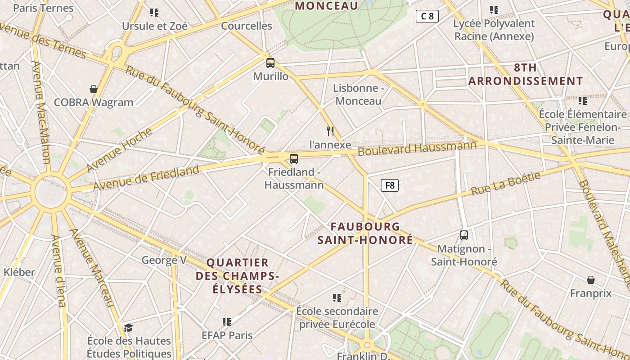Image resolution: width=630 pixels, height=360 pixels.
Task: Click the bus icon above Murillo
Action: (x=270, y=63)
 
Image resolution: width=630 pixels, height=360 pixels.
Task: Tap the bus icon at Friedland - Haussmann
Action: (x=294, y=158)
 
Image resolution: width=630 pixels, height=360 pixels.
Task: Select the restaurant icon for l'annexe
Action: (x=330, y=131)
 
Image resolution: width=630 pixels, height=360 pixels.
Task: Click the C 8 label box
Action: (x=427, y=17)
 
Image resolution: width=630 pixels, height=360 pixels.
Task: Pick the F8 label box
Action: (x=390, y=185)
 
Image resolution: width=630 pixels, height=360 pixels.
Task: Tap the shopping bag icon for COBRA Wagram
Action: (x=94, y=89)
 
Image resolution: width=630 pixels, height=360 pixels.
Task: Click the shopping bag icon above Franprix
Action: (x=591, y=280)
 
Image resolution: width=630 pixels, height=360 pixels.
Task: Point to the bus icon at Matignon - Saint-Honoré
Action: (x=464, y=235)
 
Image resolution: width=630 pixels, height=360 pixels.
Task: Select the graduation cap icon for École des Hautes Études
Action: (x=129, y=327)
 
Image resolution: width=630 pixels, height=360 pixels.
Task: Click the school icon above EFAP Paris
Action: (x=227, y=322)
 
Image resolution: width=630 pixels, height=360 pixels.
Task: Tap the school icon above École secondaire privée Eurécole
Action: (x=337, y=297)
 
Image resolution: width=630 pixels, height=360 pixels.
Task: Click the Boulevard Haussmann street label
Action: (x=417, y=148)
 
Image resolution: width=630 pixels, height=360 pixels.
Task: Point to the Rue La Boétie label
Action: (x=505, y=184)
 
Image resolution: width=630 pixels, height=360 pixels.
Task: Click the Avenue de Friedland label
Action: (x=146, y=177)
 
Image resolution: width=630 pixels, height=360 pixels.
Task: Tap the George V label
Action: (x=164, y=260)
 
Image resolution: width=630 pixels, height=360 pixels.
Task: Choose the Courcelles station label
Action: (x=247, y=26)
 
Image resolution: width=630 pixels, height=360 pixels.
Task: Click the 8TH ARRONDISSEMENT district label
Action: (x=526, y=74)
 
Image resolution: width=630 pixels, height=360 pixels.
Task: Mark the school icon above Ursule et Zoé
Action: (x=154, y=12)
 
